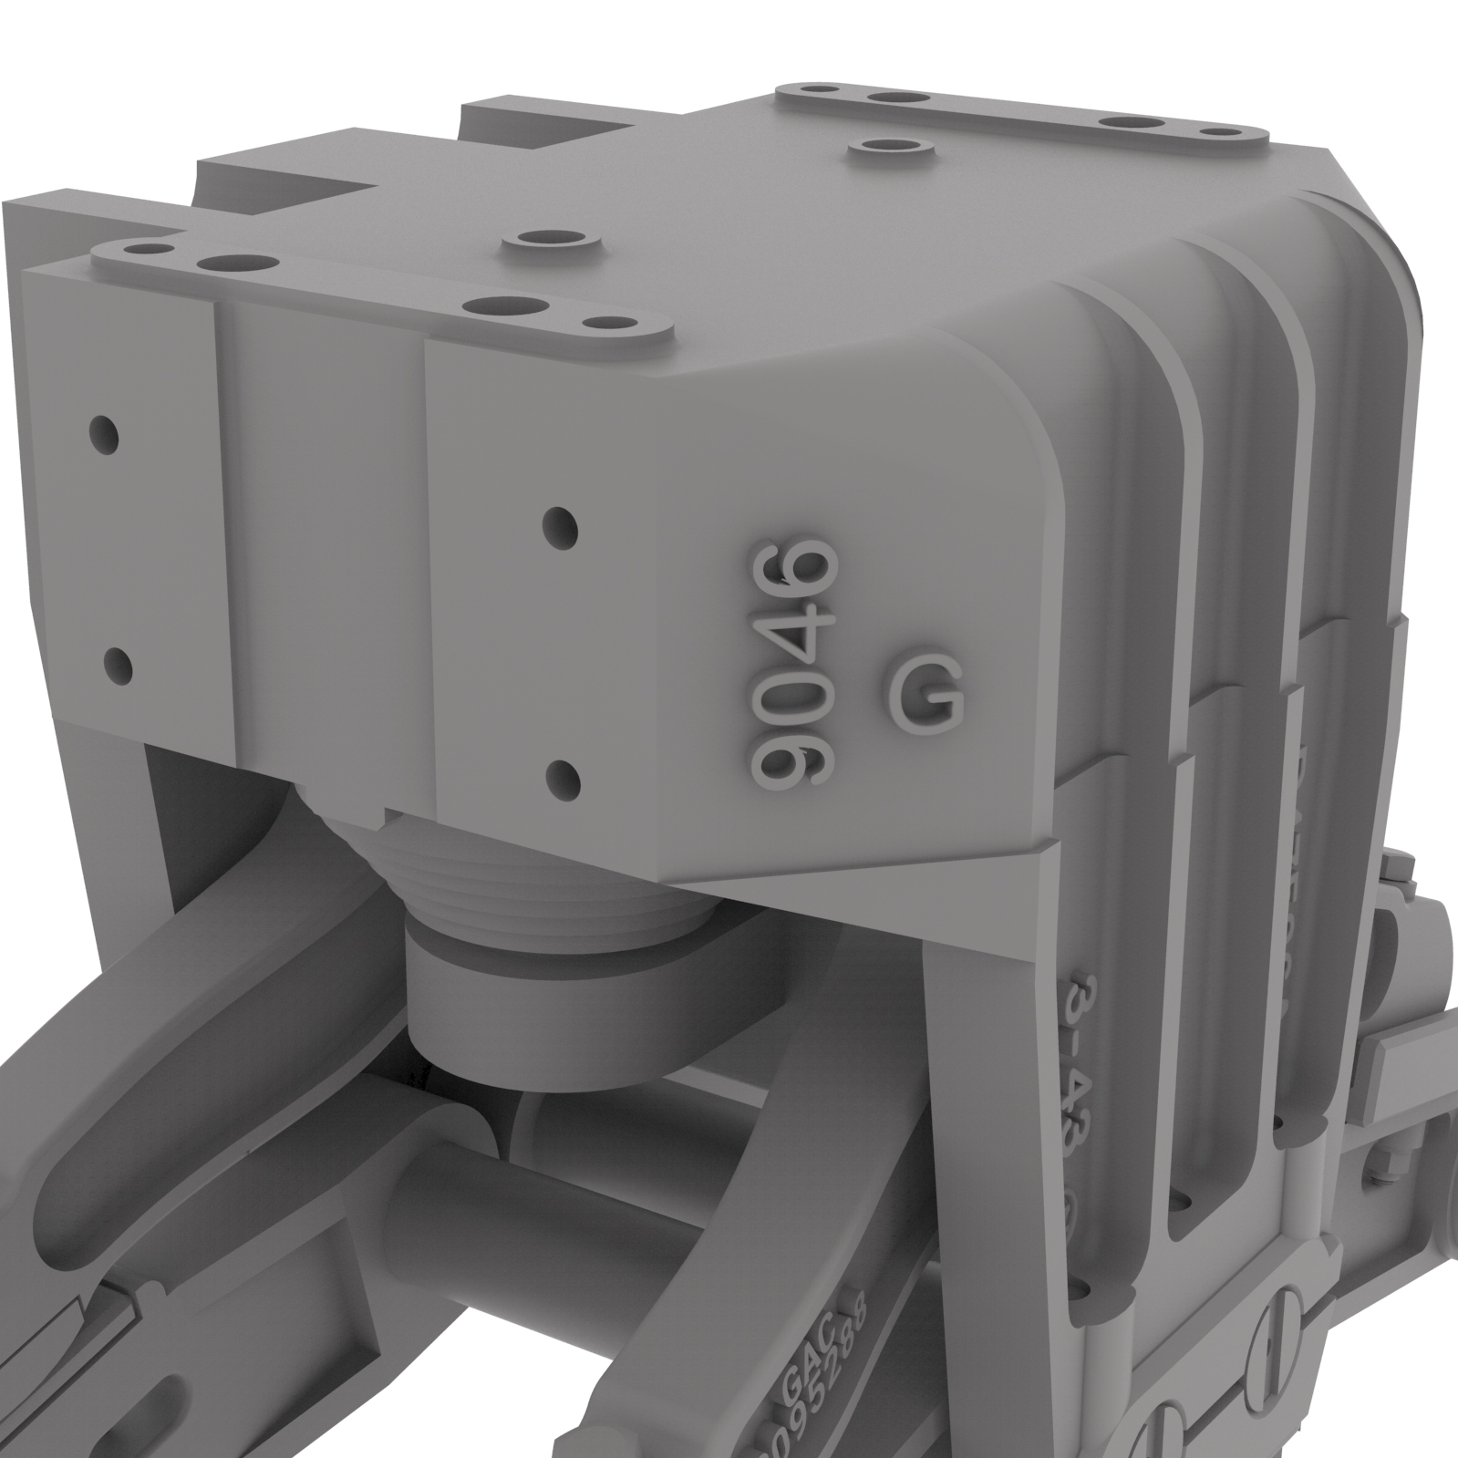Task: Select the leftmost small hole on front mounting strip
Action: point(141,247)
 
